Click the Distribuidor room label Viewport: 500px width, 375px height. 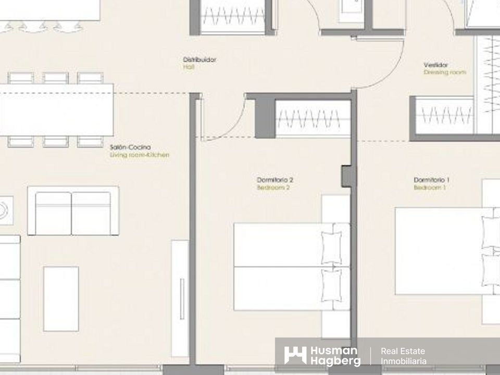[199, 59]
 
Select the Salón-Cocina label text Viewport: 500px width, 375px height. [130, 147]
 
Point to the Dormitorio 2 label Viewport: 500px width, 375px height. [275, 180]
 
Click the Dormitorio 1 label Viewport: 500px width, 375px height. [431, 180]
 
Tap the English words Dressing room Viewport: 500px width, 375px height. [445, 72]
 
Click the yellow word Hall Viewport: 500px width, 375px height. [189, 67]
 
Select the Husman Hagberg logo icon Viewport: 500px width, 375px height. [295, 355]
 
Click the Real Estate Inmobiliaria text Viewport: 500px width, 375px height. [403, 356]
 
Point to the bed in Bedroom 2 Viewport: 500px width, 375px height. [292, 267]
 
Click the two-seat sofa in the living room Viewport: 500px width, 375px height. [73, 211]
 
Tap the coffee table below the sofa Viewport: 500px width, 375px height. [61, 299]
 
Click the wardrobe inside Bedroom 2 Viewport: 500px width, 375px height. [313, 119]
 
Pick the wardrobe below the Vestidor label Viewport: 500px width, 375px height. [444, 115]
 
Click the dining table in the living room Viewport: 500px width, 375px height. [56, 110]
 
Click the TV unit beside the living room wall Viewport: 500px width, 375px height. [180, 298]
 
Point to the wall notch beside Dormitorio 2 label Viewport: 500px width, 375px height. [347, 176]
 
